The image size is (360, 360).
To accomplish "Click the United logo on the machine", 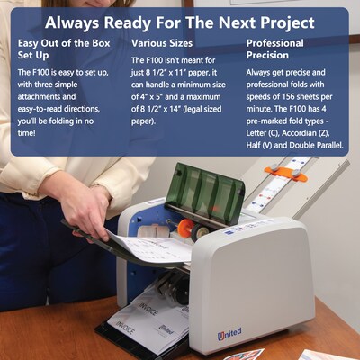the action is point(229,334).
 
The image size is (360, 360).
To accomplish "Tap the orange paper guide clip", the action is point(286,174).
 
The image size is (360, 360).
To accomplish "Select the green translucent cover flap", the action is point(205,193).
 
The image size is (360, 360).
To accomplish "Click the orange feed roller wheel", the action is point(184,228).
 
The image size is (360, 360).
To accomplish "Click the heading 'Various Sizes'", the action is point(162,43).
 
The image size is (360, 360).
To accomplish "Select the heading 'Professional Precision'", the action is point(274,49).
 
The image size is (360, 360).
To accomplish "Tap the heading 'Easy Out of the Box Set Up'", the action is point(64,49).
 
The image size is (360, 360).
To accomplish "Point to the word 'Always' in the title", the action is point(72,22).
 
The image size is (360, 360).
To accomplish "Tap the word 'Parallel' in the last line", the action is point(328,146).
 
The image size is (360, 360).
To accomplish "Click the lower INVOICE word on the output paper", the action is point(125,328).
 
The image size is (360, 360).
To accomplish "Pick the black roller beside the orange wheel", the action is point(200,231).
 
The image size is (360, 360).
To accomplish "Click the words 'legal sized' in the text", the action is point(202,109).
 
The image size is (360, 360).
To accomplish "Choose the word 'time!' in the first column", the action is point(26,133).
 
